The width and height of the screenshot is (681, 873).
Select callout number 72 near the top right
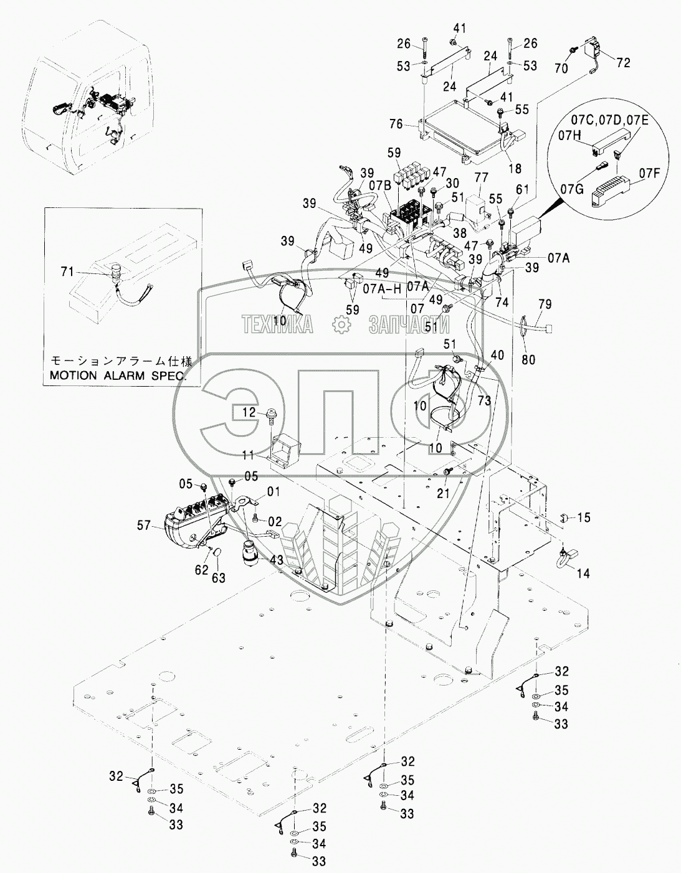point(623,63)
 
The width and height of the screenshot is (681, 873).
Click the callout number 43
point(276,560)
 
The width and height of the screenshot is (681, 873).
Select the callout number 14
point(583,573)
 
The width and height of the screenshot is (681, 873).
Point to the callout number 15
point(583,518)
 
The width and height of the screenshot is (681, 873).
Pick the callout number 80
point(527,359)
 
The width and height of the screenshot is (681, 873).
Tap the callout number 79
point(545,304)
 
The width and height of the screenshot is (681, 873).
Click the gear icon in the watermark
point(340,324)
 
